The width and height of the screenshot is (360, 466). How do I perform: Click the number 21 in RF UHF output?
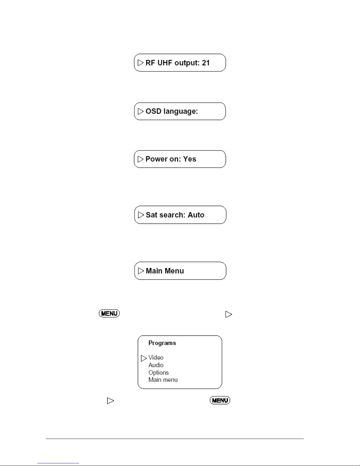point(206,63)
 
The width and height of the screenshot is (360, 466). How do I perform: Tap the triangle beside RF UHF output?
point(140,63)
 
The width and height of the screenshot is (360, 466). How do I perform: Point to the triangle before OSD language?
point(140,111)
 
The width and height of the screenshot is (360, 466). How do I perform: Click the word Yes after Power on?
point(190,159)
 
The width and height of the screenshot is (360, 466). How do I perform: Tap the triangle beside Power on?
point(140,159)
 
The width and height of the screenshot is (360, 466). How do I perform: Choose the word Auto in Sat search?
point(196,215)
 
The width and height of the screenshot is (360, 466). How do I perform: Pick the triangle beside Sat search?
point(141,215)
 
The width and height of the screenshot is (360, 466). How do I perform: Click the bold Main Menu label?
point(165,271)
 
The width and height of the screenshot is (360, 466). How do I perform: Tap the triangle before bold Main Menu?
point(141,271)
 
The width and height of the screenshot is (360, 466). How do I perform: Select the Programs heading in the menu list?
point(162,343)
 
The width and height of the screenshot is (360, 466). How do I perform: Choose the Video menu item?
point(156,358)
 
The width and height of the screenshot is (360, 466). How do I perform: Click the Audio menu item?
point(156,365)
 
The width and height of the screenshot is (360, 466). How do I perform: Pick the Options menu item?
point(158,373)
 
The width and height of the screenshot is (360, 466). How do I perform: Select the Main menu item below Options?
point(163,380)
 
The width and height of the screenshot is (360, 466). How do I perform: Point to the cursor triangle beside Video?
point(144,358)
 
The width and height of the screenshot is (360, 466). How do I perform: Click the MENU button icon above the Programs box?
point(109,313)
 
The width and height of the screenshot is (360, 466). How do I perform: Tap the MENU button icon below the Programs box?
point(220,400)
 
